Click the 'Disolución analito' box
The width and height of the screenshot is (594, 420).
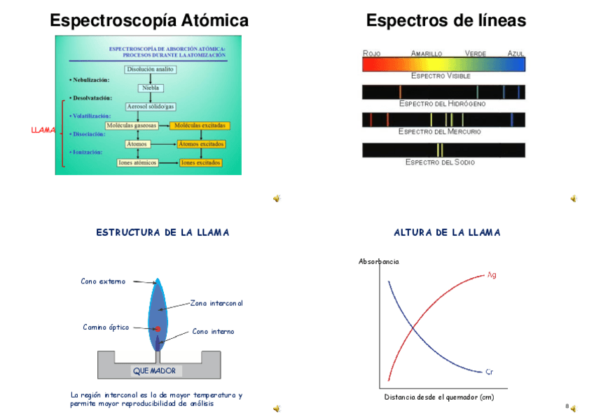coord(150,69)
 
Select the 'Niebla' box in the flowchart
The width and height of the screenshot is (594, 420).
coord(150,88)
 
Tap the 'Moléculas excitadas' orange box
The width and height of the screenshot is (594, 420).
coord(200,125)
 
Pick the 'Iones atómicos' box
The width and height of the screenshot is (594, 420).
coord(137,162)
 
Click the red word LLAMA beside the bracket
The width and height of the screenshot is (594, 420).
coord(43,130)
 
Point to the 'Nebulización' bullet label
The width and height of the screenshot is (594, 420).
coord(90,80)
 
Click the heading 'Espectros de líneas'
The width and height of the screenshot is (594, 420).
coord(445,21)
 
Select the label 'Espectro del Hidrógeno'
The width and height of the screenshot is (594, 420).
coord(442,104)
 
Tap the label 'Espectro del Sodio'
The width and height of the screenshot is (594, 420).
coord(440,162)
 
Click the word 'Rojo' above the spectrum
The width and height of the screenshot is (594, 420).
coord(371,53)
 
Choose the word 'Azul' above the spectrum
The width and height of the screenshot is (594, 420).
coord(516,53)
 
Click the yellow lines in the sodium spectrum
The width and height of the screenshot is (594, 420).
coord(440,150)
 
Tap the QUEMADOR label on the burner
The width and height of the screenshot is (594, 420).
coord(154,370)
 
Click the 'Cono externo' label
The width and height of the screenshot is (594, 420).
coord(103,281)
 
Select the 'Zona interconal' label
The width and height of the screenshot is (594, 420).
coord(216,303)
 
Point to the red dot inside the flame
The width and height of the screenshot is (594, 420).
coord(158,328)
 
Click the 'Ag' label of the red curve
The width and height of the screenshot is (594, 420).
coord(492,274)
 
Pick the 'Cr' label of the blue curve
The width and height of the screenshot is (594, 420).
coord(489,372)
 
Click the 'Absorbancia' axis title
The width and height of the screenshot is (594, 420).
coord(378,262)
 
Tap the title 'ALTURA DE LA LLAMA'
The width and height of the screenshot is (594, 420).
coord(447,232)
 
